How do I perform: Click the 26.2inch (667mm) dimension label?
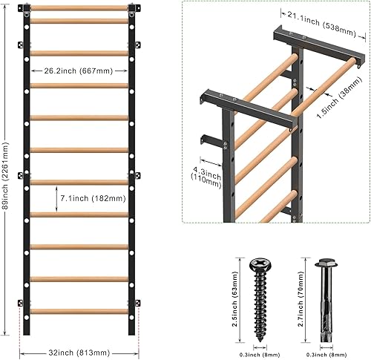pos(80,72)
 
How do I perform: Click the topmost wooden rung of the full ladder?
pos(80,8)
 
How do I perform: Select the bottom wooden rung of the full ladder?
pos(80,311)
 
